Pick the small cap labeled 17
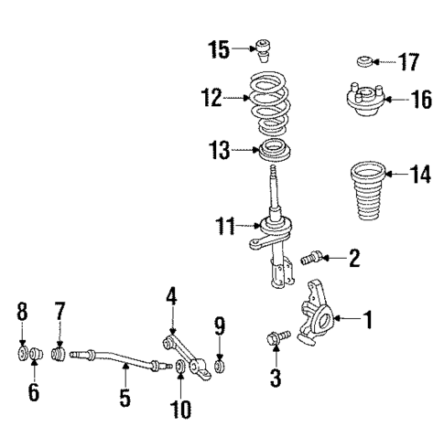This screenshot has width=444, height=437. (x=363, y=62)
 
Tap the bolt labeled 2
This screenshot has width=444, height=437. (x=313, y=261)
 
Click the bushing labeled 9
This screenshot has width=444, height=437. (x=220, y=368)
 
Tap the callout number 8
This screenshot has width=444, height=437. (x=22, y=315)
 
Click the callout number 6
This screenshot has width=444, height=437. (x=34, y=393)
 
